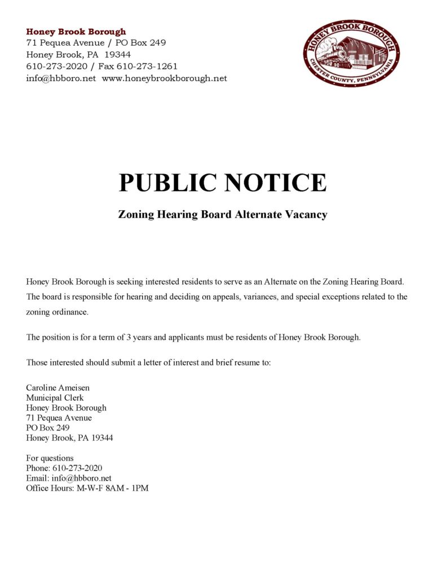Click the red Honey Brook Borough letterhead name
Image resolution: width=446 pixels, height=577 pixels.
(x=76, y=32)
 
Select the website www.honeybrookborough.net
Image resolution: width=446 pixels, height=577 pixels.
(x=164, y=78)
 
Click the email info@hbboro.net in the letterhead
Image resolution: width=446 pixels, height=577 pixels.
(x=61, y=78)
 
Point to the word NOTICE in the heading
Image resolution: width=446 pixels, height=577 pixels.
(x=276, y=183)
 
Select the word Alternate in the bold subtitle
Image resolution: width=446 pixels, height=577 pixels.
(x=254, y=215)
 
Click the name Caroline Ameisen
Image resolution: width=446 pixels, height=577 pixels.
(x=58, y=388)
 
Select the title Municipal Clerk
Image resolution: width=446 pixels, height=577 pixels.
(x=55, y=398)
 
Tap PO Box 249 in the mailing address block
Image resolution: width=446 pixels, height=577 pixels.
(x=48, y=428)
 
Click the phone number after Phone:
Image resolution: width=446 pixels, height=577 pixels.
(x=77, y=468)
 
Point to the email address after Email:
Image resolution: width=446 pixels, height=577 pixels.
(x=77, y=478)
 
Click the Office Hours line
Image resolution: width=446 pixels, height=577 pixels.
(x=87, y=488)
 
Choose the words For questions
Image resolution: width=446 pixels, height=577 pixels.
(x=50, y=458)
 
